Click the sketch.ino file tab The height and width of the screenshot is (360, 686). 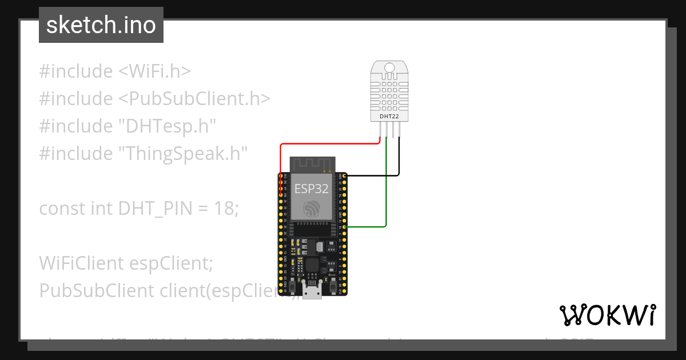click(x=101, y=25)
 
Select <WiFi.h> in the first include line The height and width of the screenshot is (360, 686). click(x=154, y=71)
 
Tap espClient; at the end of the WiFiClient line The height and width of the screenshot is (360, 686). click(x=171, y=263)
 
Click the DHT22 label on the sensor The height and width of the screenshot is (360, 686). click(x=389, y=117)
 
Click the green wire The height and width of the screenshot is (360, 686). click(x=386, y=189)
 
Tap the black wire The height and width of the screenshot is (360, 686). click(x=399, y=160)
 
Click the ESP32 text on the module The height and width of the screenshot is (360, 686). click(x=312, y=189)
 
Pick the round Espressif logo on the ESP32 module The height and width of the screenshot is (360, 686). click(x=312, y=209)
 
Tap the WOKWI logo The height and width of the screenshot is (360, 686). click(x=607, y=315)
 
